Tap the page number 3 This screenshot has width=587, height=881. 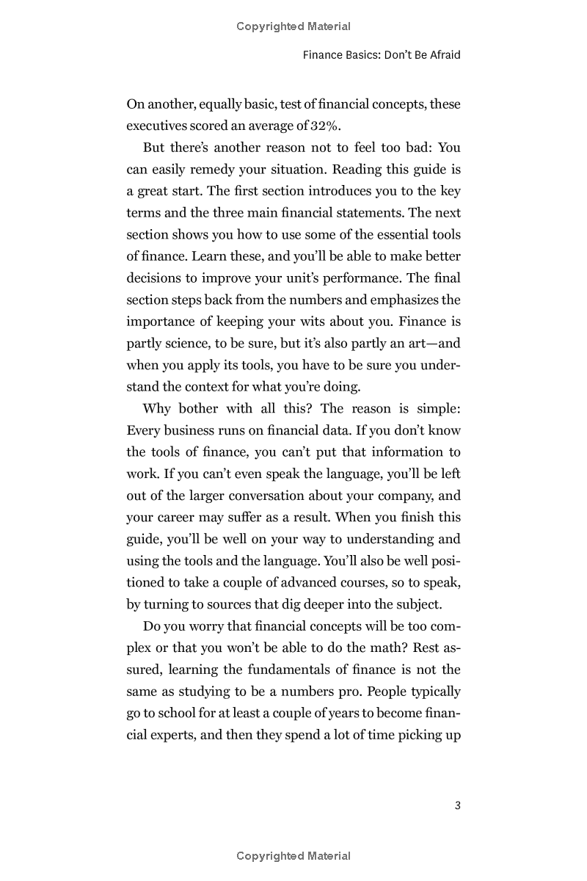click(457, 805)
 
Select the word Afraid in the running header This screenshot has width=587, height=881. click(442, 55)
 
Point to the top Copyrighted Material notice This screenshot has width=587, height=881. click(293, 26)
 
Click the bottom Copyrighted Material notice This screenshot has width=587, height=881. click(293, 856)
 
